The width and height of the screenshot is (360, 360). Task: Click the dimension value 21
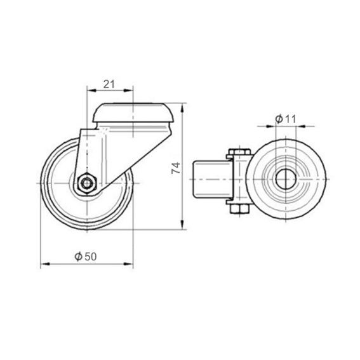point(109,84)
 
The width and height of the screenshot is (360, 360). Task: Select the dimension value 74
point(176,168)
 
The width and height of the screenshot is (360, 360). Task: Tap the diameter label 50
point(90,257)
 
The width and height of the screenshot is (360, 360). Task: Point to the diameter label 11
point(290,119)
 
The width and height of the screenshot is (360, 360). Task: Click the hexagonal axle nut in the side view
point(87,183)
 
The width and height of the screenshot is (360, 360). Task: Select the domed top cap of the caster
point(133,113)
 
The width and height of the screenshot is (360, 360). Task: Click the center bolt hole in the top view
point(285,179)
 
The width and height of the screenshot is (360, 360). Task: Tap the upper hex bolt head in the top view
point(239,152)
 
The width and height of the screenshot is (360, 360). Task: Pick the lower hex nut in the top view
point(239,209)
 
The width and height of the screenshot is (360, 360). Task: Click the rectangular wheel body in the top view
point(213,179)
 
